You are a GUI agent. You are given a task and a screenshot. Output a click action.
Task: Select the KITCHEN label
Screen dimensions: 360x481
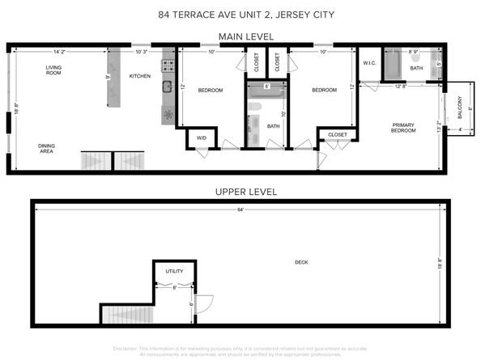140,77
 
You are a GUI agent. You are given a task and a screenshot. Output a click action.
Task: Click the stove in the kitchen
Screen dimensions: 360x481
168,65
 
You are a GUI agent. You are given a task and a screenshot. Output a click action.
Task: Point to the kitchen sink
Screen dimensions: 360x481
168,87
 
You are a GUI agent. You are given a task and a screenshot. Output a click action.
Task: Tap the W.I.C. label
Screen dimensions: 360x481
369,63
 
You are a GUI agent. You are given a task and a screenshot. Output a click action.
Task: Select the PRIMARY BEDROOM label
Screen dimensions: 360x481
402,127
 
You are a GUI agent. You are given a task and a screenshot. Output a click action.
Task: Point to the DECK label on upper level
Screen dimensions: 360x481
301,262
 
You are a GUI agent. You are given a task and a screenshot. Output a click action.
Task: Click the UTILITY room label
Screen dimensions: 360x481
174,271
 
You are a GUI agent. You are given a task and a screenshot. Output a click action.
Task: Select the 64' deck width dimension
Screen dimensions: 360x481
240,210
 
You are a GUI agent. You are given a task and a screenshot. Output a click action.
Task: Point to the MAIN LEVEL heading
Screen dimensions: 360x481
247,36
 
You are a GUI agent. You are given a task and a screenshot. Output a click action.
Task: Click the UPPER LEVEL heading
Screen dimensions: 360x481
246,192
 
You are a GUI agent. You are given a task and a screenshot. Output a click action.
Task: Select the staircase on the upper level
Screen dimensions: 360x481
126,314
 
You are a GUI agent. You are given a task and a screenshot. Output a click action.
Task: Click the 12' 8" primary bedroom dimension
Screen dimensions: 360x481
400,86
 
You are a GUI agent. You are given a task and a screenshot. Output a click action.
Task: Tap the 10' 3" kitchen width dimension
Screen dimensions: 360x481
142,53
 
